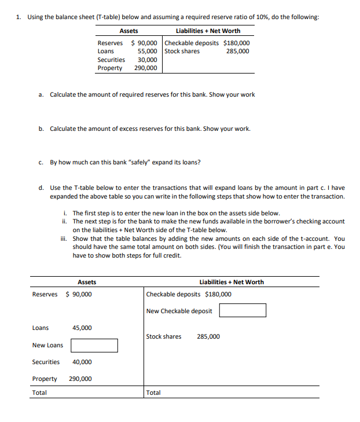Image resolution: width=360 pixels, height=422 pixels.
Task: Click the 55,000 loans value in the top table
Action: pos(148,51)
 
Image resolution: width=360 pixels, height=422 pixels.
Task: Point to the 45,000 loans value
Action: pos(82,328)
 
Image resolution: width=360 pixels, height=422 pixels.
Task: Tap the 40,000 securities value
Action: pos(82,362)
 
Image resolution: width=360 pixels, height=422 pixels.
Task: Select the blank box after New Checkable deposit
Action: pos(243,311)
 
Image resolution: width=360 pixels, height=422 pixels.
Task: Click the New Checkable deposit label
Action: pos(179,311)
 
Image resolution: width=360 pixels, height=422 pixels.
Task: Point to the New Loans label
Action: pos(47,346)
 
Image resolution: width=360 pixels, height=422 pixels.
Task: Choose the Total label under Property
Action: pos(39,392)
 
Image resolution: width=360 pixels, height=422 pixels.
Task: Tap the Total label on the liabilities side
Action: pos(154,392)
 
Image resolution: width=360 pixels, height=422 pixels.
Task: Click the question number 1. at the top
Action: pos(20,17)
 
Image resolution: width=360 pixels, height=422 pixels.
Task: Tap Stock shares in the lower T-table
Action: pos(164,336)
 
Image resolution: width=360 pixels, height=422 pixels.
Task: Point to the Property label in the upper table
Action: pos(109,68)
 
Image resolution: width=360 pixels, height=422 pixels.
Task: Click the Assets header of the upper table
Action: pos(128,31)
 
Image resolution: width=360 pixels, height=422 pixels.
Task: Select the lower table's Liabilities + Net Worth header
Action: pos(232,282)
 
